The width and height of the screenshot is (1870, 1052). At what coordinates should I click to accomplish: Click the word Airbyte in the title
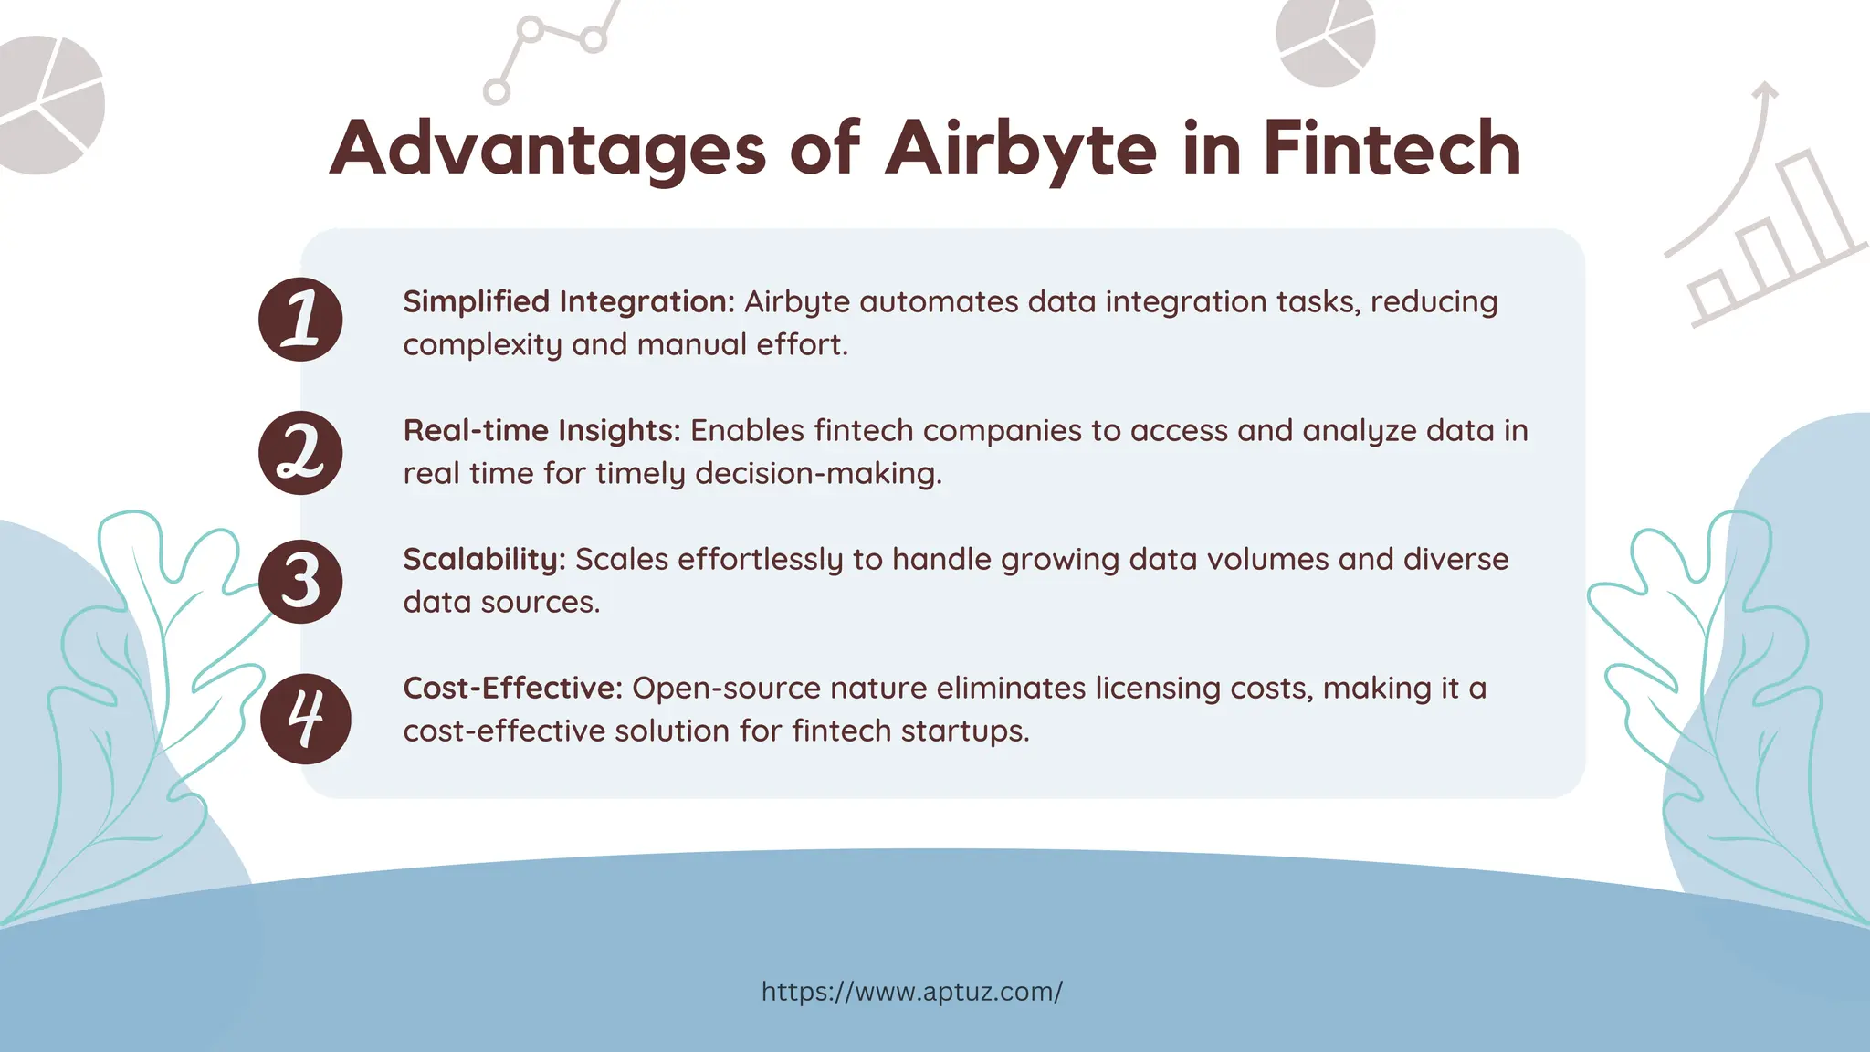point(1021,149)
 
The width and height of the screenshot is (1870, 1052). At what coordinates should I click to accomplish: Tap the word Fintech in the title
point(1392,149)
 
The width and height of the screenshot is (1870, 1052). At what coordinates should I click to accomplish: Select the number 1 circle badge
point(300,319)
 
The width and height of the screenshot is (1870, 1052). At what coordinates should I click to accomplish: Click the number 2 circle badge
point(300,453)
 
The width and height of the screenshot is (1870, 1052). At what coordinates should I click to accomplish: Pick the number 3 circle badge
point(300,582)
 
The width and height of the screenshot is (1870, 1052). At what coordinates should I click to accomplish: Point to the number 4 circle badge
point(305,719)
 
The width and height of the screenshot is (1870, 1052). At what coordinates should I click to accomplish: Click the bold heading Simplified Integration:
point(569,301)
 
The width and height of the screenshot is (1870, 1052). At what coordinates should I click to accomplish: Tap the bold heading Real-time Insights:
point(541,430)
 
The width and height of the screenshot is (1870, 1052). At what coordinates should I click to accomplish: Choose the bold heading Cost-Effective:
point(512,688)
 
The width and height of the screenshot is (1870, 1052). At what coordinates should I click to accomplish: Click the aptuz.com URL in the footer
point(911,992)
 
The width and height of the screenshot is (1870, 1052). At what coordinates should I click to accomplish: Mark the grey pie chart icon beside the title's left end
point(46,104)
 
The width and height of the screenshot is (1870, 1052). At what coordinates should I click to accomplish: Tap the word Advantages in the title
point(547,149)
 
